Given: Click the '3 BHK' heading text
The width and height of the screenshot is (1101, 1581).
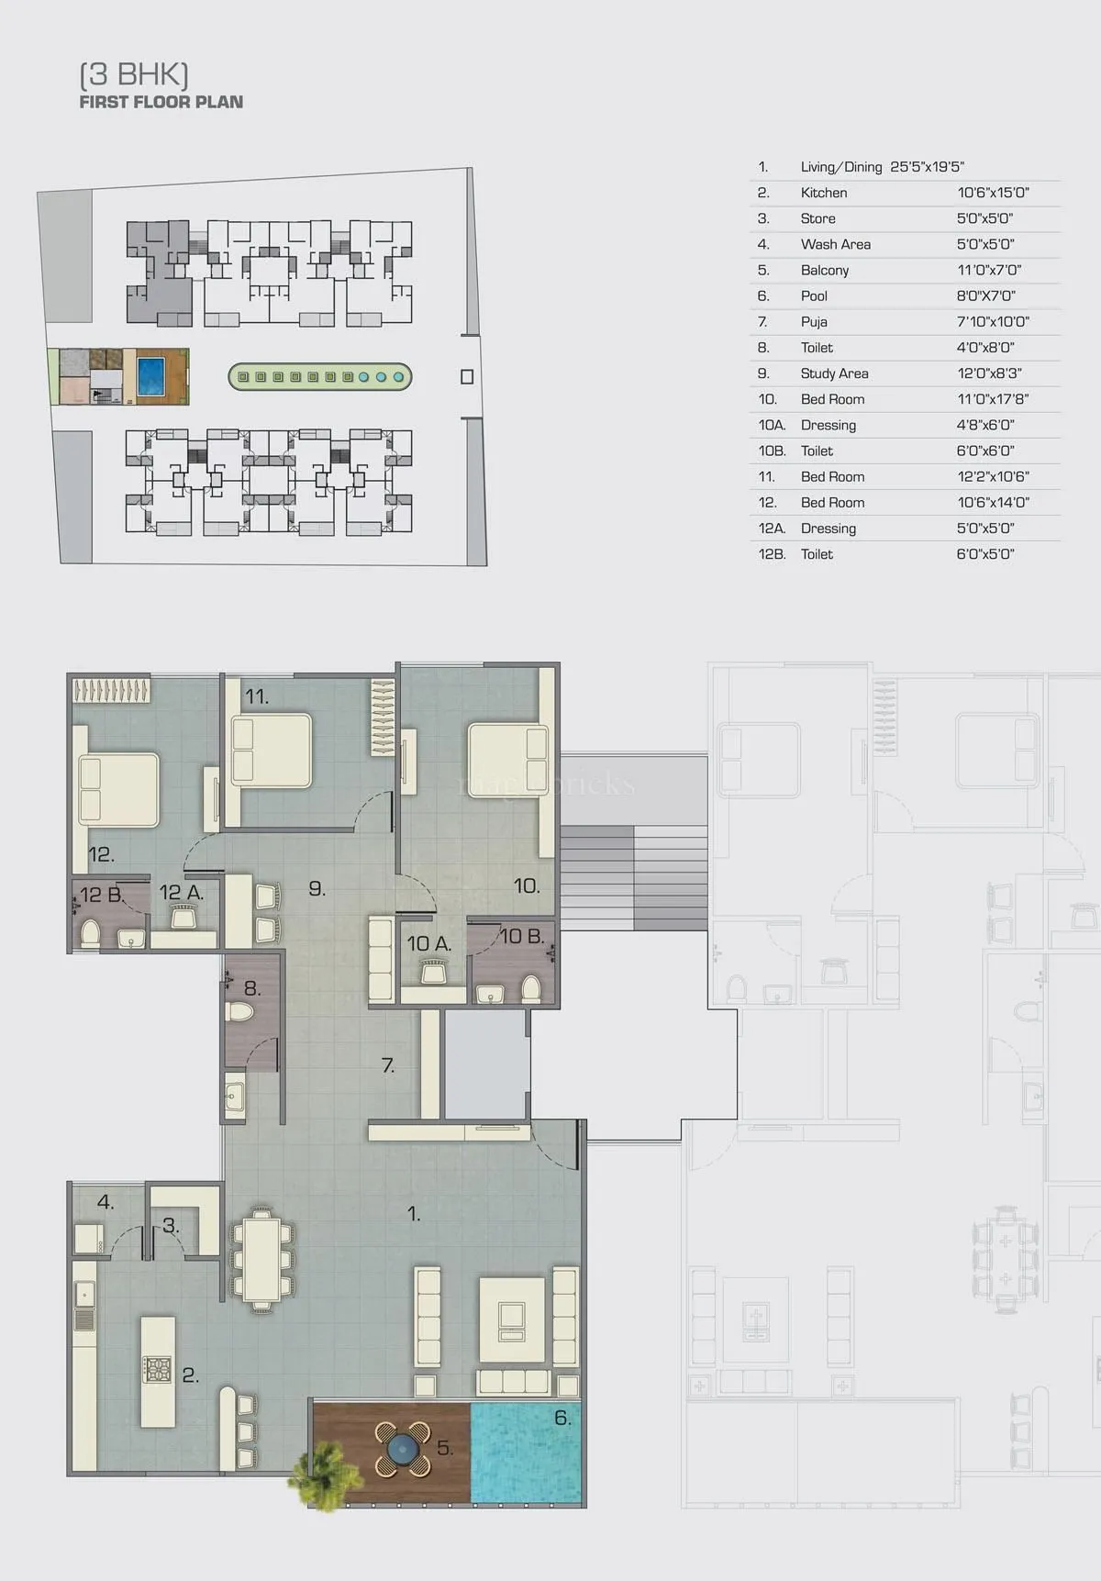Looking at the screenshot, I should [x=134, y=74].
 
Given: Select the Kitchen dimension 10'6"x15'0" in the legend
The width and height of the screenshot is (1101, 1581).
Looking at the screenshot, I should [x=993, y=193].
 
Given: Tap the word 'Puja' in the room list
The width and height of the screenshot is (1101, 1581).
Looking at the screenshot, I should [x=814, y=322].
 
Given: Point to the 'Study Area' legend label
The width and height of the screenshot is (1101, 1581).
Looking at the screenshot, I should [x=834, y=373].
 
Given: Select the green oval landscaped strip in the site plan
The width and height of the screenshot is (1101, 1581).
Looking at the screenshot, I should [x=319, y=376].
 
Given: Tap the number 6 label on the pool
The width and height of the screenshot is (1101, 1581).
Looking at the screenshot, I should [x=562, y=1419].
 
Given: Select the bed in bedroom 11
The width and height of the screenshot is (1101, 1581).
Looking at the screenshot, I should [x=271, y=751].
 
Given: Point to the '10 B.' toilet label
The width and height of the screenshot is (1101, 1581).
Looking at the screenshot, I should [x=522, y=937].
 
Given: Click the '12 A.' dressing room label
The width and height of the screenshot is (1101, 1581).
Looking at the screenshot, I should [x=181, y=892].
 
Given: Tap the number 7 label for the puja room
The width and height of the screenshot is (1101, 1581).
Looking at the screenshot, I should [x=388, y=1065].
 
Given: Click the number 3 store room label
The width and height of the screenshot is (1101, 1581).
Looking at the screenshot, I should [x=171, y=1226].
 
